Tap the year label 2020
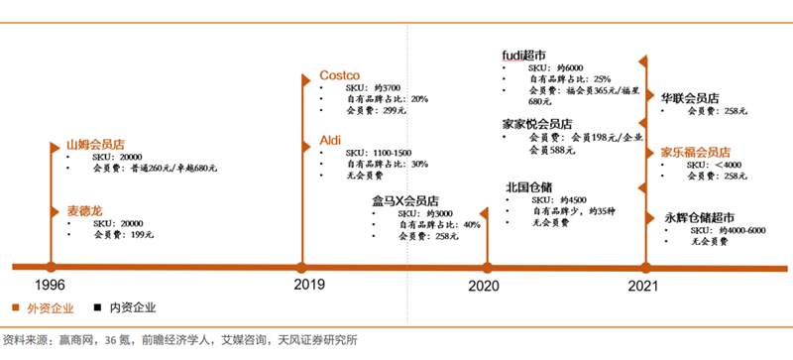coord(484,285)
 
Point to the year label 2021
coord(644,285)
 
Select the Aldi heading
coord(330,140)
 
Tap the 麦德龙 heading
coord(84,210)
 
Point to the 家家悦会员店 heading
coord(537,123)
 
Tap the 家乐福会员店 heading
coord(696,152)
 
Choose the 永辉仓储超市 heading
coord(700,217)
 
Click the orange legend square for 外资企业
coord(16,307)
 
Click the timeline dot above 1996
coord(51,266)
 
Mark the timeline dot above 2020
coord(486,266)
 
